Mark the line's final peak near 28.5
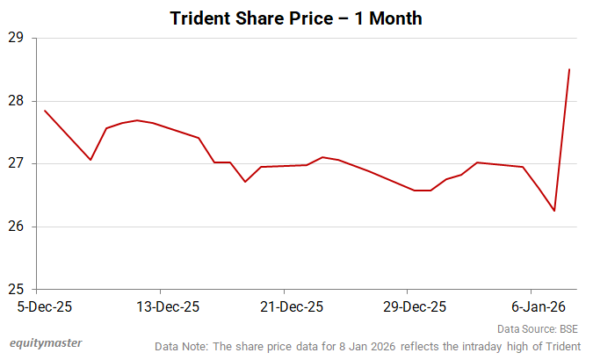[x=569, y=69]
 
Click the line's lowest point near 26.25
[x=554, y=211]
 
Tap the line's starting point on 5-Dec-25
[x=44, y=111]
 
